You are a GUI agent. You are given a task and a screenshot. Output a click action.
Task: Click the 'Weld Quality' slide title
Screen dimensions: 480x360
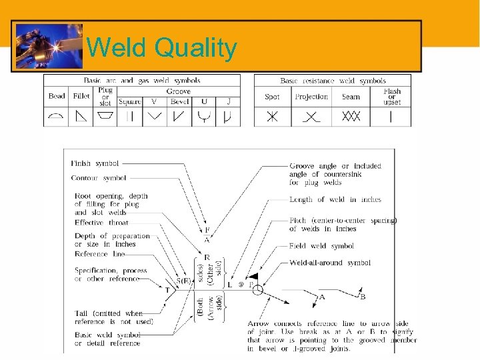click(162, 48)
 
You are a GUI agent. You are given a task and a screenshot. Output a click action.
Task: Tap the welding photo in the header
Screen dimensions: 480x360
click(47, 46)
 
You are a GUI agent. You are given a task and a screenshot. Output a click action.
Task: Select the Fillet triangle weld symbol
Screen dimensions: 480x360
click(81, 117)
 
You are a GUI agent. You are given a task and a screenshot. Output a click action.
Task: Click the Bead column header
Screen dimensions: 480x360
click(57, 96)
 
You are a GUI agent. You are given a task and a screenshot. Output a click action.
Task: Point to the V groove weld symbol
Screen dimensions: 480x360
click(155, 117)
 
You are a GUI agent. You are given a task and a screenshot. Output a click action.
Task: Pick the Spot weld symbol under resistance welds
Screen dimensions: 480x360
click(272, 117)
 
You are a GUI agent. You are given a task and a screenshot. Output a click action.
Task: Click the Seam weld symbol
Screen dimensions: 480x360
click(351, 117)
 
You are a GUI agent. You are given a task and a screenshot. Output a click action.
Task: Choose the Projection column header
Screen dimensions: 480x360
click(311, 97)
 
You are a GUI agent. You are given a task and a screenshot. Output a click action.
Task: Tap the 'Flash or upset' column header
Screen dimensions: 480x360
click(392, 96)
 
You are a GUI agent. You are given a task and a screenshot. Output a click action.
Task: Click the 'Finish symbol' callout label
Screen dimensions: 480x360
click(95, 163)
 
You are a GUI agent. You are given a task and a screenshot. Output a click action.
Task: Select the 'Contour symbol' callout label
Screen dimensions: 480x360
click(99, 178)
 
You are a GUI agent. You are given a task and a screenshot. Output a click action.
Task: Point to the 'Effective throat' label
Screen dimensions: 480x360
click(102, 223)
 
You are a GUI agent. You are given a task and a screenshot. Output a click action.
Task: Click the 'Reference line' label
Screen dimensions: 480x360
click(100, 254)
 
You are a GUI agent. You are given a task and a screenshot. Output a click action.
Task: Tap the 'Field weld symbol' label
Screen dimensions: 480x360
click(321, 246)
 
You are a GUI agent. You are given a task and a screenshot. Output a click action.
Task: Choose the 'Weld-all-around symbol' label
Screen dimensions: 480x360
click(330, 263)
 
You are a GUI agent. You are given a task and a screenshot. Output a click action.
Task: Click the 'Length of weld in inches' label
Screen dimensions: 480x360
click(335, 199)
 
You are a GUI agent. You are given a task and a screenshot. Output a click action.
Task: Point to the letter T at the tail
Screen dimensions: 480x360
click(167, 291)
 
